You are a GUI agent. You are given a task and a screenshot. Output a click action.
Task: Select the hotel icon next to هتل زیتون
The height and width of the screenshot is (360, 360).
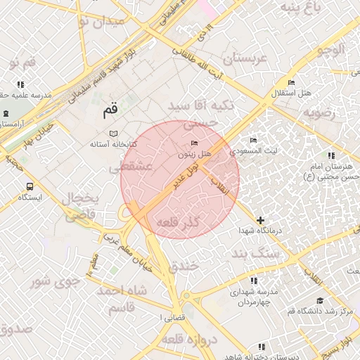point(195,143)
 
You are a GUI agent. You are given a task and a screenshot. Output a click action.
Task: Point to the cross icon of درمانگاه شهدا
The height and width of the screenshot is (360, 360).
point(261,221)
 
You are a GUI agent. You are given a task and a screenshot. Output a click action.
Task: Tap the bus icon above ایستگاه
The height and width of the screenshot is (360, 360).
point(30,186)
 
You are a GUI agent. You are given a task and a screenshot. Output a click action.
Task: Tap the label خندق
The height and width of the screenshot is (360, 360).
point(186,267)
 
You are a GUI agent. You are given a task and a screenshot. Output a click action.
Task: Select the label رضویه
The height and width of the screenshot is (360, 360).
point(321,112)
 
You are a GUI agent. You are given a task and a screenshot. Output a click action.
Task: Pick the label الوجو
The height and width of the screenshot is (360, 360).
point(330,50)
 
